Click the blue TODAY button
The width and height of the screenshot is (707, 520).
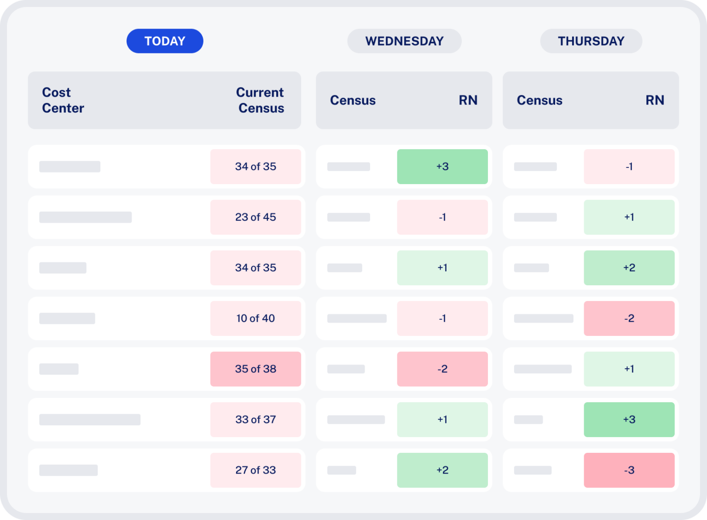(165, 41)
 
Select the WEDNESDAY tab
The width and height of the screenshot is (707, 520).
(404, 41)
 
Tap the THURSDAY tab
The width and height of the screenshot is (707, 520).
(591, 41)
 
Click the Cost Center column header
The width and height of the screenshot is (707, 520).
(63, 100)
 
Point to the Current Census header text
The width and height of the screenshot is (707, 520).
(260, 100)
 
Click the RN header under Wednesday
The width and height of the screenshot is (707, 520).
(468, 100)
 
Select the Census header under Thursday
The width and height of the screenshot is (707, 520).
(539, 100)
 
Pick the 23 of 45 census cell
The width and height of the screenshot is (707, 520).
(255, 217)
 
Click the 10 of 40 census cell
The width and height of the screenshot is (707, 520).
(255, 318)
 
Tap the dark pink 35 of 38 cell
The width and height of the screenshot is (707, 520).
(255, 369)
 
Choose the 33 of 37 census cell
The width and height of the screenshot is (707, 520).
(255, 420)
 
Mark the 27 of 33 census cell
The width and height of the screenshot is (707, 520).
(255, 470)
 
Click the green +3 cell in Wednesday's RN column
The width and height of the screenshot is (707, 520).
(442, 167)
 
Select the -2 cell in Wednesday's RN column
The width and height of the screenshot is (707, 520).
(442, 369)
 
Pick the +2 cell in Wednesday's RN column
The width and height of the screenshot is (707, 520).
(442, 470)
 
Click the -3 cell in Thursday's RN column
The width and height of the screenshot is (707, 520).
(629, 470)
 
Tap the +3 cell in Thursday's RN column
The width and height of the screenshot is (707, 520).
(629, 420)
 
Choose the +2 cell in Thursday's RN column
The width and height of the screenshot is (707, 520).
(629, 268)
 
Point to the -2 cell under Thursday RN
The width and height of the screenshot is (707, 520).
(629, 318)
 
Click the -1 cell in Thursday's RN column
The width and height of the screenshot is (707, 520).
(629, 167)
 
